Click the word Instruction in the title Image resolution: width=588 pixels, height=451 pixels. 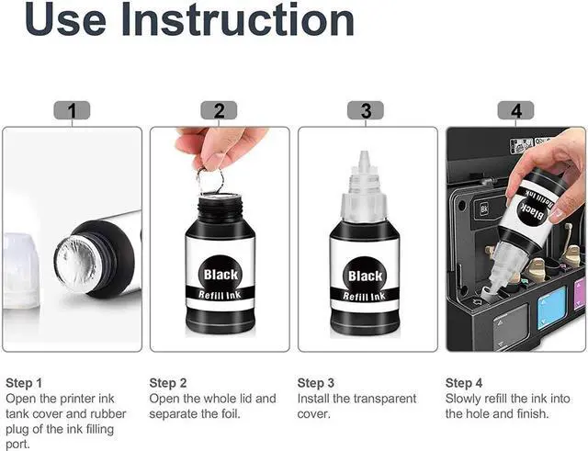[x=237, y=19]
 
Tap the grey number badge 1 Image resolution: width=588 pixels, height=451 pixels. [x=72, y=110]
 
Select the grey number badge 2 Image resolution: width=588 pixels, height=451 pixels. [x=219, y=110]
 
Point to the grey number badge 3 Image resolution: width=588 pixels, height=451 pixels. [x=366, y=110]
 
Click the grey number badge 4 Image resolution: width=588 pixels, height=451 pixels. [x=515, y=110]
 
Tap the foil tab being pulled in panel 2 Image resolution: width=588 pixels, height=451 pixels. [x=210, y=182]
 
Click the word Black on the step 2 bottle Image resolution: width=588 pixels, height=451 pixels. [x=220, y=275]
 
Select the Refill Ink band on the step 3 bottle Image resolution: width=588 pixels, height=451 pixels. [x=364, y=297]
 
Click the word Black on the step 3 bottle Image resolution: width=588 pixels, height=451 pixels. [x=365, y=276]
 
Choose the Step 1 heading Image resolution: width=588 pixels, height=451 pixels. [x=24, y=383]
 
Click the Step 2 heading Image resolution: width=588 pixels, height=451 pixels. [x=167, y=383]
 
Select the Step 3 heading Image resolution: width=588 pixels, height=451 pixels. [x=315, y=383]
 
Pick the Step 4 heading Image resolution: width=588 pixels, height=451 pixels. [x=463, y=383]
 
